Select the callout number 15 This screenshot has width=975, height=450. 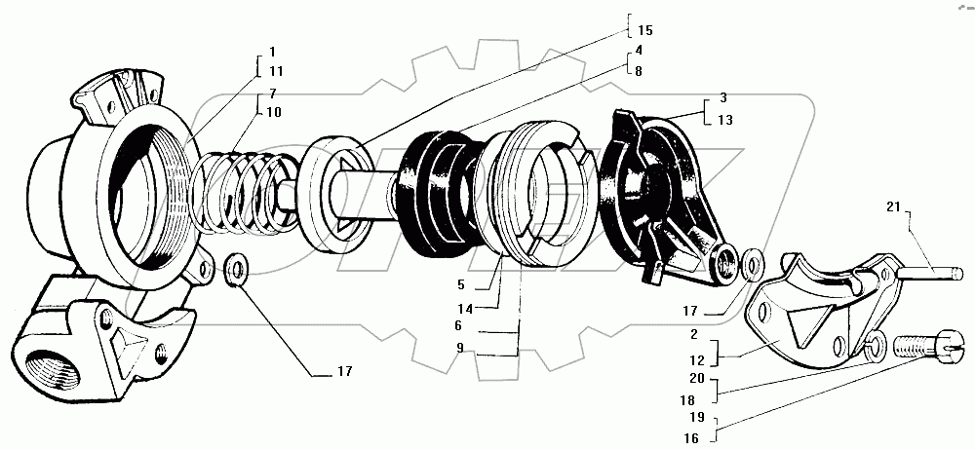coord(644,30)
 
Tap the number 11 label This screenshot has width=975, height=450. coord(276,71)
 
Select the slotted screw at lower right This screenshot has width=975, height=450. coord(927,346)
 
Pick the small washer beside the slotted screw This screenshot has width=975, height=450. coord(876,341)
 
